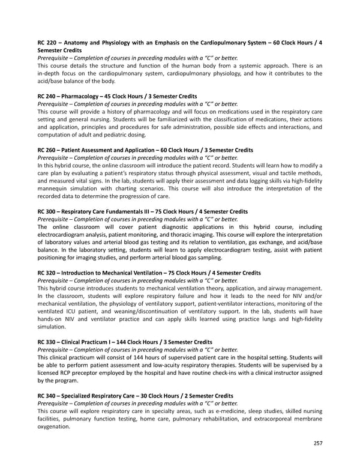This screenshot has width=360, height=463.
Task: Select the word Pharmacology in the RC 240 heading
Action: tap(85, 96)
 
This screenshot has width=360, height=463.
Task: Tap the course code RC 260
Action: tap(47, 150)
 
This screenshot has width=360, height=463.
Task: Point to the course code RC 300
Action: tap(47, 211)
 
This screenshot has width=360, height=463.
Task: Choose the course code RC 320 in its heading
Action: tap(47, 273)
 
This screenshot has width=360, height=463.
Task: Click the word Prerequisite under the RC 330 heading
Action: tap(55, 350)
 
